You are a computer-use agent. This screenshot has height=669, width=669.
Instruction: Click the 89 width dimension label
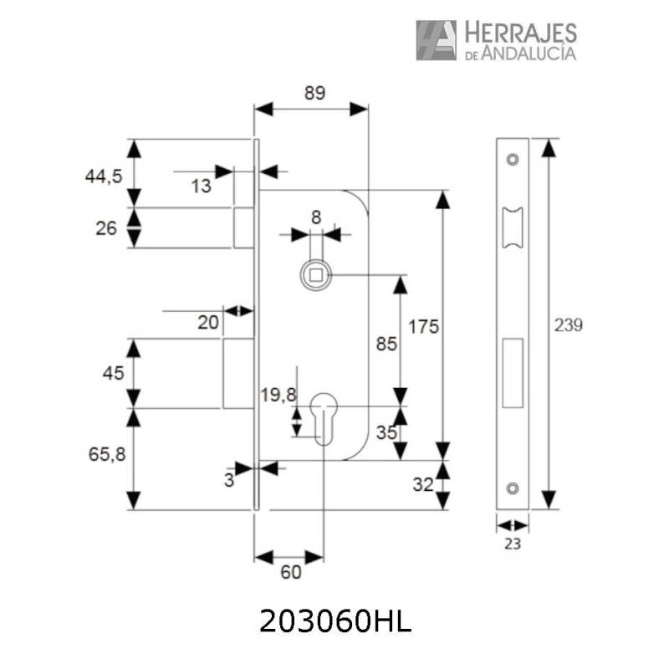315,93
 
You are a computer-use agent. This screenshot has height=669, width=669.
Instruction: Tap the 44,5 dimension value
104,176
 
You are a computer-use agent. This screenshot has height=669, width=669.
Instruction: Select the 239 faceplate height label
569,325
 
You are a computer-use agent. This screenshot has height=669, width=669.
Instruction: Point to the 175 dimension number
424,327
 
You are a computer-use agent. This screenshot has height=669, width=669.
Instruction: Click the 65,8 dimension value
107,454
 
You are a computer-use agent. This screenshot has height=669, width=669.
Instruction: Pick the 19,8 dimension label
278,395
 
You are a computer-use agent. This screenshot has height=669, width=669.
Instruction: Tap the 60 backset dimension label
291,572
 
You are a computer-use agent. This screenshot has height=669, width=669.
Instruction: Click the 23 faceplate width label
513,544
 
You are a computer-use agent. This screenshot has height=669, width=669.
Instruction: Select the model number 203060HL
335,620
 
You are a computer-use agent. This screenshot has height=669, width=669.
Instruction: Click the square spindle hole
316,275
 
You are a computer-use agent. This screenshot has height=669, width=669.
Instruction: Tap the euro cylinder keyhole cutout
324,418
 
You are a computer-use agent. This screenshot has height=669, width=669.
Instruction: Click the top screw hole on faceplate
513,160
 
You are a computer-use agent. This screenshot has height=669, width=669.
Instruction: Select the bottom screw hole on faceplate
513,488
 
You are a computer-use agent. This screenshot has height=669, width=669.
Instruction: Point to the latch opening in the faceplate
513,227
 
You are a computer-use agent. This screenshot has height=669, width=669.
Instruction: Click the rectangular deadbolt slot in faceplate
513,373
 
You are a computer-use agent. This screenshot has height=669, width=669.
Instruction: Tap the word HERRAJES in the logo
521,33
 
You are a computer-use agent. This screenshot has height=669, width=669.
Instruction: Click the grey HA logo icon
436,40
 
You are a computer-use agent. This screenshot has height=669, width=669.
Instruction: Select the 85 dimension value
386,344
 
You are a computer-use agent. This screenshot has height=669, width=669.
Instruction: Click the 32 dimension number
423,485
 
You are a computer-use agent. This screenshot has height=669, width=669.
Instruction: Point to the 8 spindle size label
316,217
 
